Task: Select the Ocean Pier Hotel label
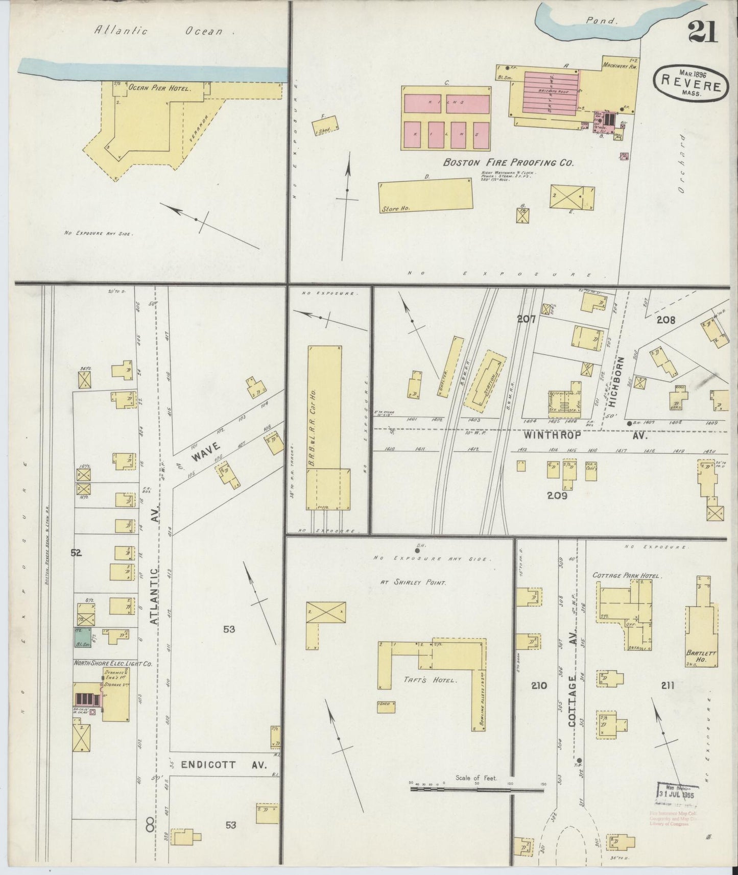(159, 88)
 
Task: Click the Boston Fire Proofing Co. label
(508, 163)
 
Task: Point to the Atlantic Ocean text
(159, 31)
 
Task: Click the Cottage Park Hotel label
(627, 576)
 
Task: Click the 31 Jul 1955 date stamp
(677, 794)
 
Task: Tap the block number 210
(539, 686)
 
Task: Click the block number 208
(665, 320)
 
